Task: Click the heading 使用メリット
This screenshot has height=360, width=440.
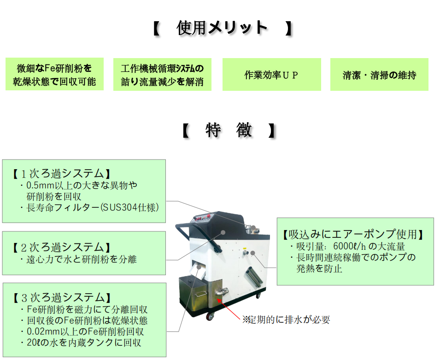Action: pyautogui.click(x=222, y=28)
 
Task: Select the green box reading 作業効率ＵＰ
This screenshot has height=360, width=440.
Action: pyautogui.click(x=271, y=75)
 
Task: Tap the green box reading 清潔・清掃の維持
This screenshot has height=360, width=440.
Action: pyautogui.click(x=379, y=75)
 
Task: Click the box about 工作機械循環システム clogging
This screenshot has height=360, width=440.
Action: pyautogui.click(x=162, y=75)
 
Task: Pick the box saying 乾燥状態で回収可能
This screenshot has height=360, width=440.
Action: pyautogui.click(x=54, y=75)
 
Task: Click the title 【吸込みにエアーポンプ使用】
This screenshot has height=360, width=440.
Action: pyautogui.click(x=352, y=234)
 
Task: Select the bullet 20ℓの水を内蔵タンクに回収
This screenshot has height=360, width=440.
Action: pyautogui.click(x=83, y=342)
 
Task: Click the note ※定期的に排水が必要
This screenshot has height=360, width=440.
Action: pyautogui.click(x=286, y=319)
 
